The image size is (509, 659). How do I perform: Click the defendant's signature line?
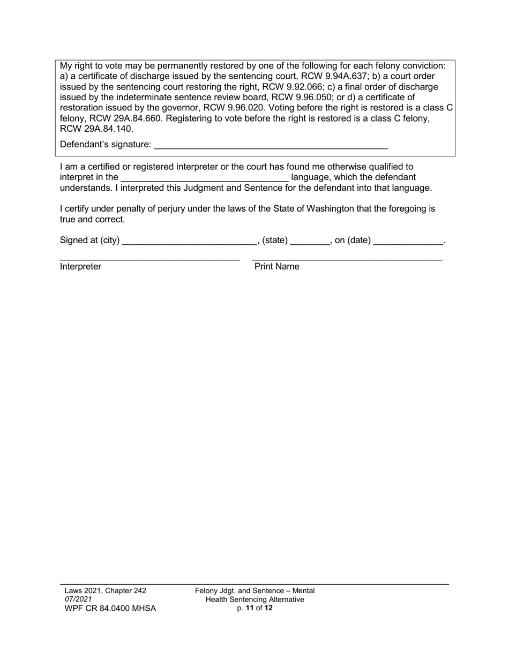pos(271,145)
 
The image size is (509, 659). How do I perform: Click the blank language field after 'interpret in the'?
pos(205,177)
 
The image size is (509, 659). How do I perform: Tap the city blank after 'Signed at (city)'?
pos(190,241)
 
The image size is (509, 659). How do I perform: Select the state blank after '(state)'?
pos(310,241)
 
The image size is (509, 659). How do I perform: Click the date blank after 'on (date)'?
pos(408,241)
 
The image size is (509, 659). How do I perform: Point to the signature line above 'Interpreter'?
pos(149,259)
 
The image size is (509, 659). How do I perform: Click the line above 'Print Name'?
pos(347,259)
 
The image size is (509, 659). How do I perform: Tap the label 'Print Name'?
pos(276,267)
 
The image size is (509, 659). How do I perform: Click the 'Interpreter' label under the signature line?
pos(80,267)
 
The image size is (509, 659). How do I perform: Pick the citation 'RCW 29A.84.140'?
pos(96,129)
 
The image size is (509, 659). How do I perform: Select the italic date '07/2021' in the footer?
pos(78,600)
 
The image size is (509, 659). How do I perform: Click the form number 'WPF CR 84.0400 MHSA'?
pos(110,609)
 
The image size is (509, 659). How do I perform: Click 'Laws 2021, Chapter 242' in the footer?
pos(105,590)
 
